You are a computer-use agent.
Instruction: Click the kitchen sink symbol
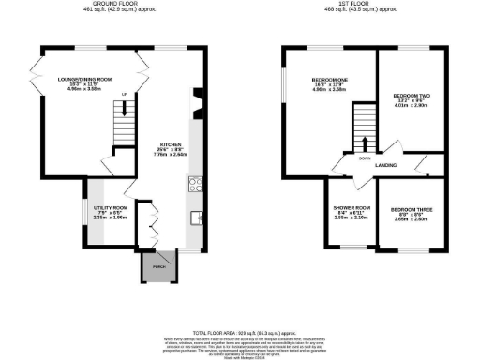click(x=197, y=218)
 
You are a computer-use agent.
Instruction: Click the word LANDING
click(x=384, y=166)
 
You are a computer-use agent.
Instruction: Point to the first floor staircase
click(x=365, y=124)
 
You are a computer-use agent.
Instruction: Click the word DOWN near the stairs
click(x=365, y=157)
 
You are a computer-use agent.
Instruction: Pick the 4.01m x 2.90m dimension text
click(x=411, y=106)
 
